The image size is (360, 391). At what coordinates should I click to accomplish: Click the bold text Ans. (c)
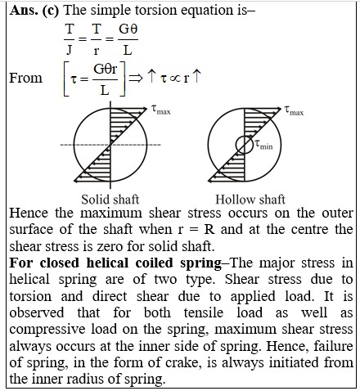[x=34, y=11]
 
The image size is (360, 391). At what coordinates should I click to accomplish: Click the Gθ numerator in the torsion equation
[x=128, y=29]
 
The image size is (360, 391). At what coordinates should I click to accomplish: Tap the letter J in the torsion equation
[x=70, y=50]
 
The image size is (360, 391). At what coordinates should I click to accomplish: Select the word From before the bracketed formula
[x=26, y=78]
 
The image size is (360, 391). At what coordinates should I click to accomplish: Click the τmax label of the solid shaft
[x=161, y=110]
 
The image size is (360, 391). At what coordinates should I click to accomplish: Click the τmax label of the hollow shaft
[x=294, y=110]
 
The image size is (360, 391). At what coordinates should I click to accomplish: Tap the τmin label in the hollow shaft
[x=263, y=145]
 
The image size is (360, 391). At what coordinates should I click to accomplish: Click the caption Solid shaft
[x=110, y=200]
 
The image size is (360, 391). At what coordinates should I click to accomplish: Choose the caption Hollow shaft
[x=250, y=200]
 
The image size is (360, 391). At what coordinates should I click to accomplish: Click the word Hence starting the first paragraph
[x=29, y=213]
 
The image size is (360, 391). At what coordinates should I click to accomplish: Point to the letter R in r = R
[x=209, y=230]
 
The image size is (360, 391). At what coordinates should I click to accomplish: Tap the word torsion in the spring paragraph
[x=30, y=296]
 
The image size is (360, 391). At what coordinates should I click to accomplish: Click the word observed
[x=37, y=312]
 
